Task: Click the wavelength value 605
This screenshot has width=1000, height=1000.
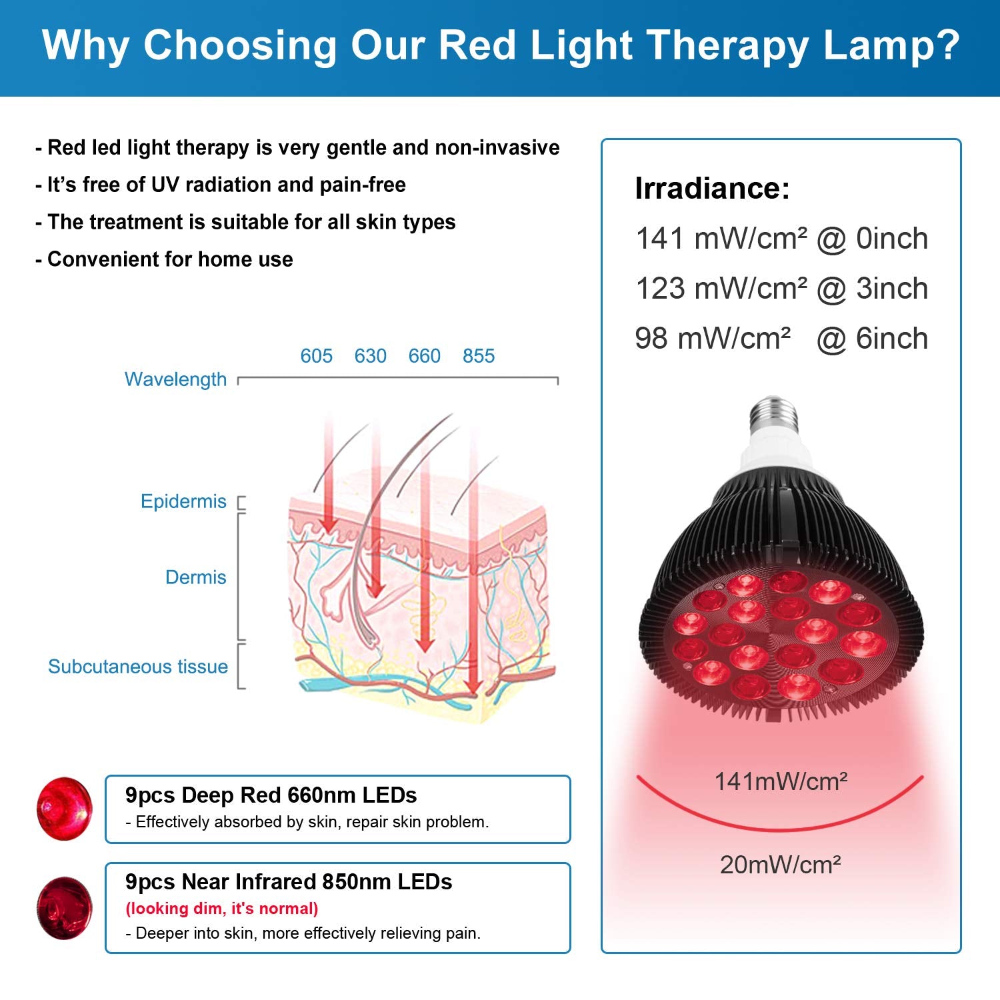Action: pos(316,356)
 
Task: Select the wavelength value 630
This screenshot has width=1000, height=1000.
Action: pos(370,356)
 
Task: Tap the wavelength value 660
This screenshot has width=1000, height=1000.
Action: pos(424,356)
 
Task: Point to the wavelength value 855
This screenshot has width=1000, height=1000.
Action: pos(479,356)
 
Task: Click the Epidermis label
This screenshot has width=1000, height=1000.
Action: pos(183,502)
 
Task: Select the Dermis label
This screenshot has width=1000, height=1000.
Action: pos(195,577)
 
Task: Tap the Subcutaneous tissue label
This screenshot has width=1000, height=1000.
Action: pos(138,667)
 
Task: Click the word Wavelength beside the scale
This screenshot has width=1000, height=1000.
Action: pos(175,380)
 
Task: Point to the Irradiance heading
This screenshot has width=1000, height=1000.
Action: pos(712,188)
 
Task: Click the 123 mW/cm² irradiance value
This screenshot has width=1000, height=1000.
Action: pos(721,289)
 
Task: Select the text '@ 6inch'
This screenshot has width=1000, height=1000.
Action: pos(872,339)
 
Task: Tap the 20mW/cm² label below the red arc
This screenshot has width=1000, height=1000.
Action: pos(780,865)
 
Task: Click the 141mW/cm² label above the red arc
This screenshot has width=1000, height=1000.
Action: pos(781,781)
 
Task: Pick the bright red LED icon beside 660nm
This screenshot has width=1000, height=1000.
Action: pos(65,809)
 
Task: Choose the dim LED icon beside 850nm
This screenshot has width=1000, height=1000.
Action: pos(64,907)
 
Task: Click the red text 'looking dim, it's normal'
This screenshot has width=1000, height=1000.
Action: pos(222,909)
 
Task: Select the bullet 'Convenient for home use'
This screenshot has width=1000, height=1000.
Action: pos(164,259)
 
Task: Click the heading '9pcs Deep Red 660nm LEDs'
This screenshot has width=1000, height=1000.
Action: pos(271,795)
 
